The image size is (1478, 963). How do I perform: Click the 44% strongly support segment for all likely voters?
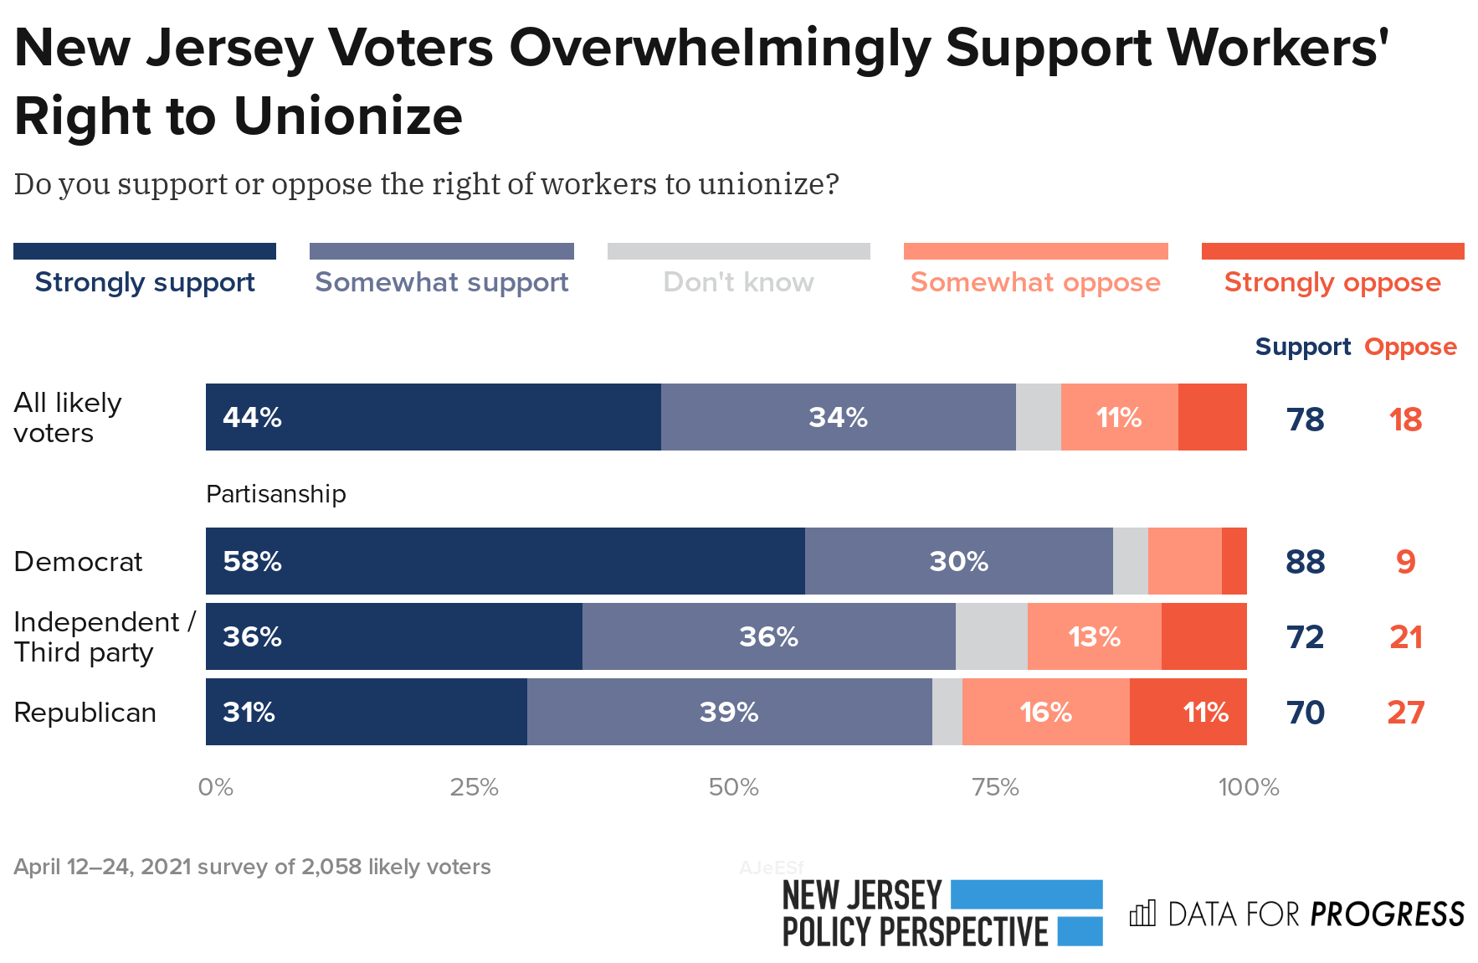pyautogui.click(x=433, y=417)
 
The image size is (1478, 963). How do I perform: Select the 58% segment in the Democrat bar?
pyautogui.click(x=505, y=561)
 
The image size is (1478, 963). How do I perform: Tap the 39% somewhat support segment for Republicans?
pyautogui.click(x=729, y=712)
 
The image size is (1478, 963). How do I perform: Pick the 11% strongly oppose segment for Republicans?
pyautogui.click(x=1188, y=712)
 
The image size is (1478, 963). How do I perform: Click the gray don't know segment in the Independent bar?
pyautogui.click(x=991, y=636)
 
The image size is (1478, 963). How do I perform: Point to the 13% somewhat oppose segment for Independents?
pyautogui.click(x=1094, y=636)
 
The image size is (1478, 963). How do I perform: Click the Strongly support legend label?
pyautogui.click(x=145, y=282)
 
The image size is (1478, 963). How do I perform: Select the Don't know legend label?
pyautogui.click(x=738, y=282)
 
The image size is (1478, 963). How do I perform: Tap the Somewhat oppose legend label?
pyautogui.click(x=1035, y=282)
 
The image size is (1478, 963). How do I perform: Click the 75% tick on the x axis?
pyautogui.click(x=995, y=787)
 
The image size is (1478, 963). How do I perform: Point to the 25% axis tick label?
pyautogui.click(x=474, y=787)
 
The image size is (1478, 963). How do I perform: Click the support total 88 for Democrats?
pyautogui.click(x=1305, y=561)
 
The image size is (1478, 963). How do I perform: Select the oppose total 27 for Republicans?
pyautogui.click(x=1405, y=712)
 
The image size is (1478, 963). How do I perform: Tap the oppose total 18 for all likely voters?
pyautogui.click(x=1405, y=419)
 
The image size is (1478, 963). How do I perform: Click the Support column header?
pyautogui.click(x=1302, y=347)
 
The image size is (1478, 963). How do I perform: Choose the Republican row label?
pyautogui.click(x=85, y=712)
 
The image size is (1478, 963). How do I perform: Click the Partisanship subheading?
pyautogui.click(x=275, y=494)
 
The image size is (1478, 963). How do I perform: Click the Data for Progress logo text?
pyautogui.click(x=1315, y=914)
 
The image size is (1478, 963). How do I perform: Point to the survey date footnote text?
pyautogui.click(x=252, y=867)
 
